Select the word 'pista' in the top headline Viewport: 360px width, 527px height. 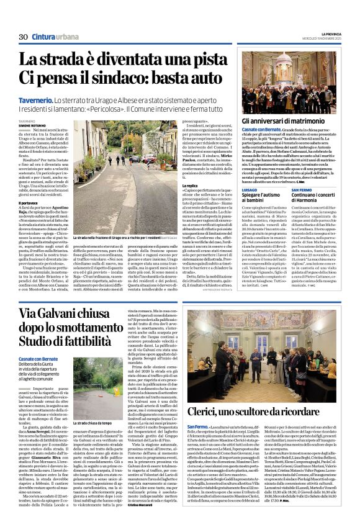point(196,60)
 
